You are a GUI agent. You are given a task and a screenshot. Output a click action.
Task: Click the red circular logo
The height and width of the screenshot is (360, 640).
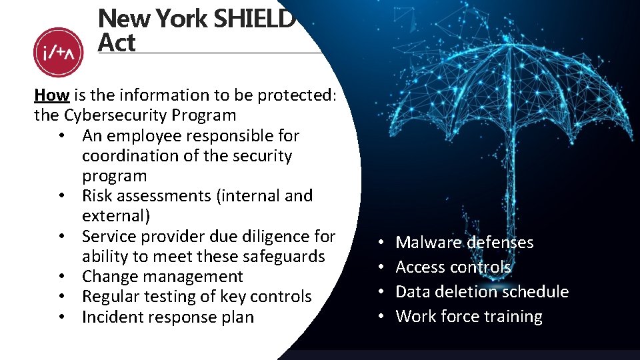(x=58, y=52)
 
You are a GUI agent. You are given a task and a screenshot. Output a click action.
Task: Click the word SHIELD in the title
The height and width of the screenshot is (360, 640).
(x=254, y=19)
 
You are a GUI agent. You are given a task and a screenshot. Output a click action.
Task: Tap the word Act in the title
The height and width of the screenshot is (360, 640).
(x=116, y=43)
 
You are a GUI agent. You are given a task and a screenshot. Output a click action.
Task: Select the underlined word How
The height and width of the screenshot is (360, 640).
(x=51, y=95)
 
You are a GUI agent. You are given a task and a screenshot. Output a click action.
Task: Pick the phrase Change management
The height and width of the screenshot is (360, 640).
(x=163, y=277)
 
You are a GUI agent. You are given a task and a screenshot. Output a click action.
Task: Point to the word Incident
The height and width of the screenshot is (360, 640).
(x=111, y=317)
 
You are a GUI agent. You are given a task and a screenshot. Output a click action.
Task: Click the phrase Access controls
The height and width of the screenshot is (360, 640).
(x=453, y=267)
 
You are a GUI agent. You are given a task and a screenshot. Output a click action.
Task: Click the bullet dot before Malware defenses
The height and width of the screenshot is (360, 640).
(x=379, y=243)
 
